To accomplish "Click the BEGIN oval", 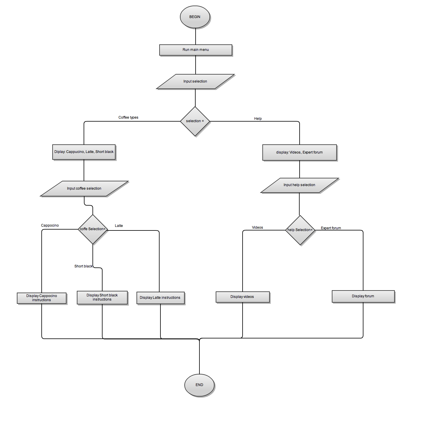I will coord(195,17).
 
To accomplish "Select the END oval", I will coord(199,385).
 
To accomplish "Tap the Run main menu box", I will coord(196,50).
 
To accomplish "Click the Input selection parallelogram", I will coord(195,81).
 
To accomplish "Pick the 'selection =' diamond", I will coord(195,121).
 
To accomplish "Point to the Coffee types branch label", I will coord(128,117).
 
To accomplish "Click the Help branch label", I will coord(258,119).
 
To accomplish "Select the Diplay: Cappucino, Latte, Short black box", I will coord(84,152).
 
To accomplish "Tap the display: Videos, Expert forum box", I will coord(299,152).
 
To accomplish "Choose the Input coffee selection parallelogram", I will coord(84,188).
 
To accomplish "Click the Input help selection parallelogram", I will coord(299,185).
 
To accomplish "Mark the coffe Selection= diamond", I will coord(93,229).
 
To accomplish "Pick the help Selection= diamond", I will coord(300,230).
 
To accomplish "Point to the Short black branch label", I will coord(83,266).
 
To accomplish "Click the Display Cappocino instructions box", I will coord(42,298).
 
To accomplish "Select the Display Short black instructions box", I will coord(102,297).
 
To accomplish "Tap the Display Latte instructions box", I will coord(160,298).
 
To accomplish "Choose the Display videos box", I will coord(242,297).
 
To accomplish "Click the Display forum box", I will coord(363,296).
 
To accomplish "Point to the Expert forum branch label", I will coord(331,228).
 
